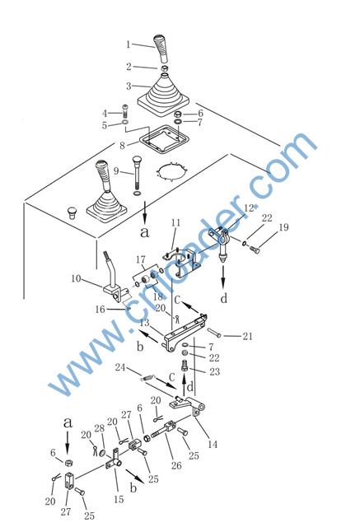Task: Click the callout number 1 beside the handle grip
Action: (x=128, y=44)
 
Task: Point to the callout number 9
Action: (x=116, y=171)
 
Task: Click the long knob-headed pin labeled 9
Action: (x=137, y=175)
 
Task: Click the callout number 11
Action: (x=175, y=222)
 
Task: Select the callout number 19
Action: (x=283, y=227)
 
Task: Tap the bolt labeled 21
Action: (x=214, y=332)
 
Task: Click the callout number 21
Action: (x=247, y=336)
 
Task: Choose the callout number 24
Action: (x=120, y=367)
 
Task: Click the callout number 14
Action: (x=213, y=445)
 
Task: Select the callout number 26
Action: (x=176, y=465)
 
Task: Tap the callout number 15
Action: (x=119, y=499)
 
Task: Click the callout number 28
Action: (x=100, y=428)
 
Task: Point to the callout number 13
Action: (x=144, y=323)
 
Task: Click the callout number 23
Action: (x=214, y=371)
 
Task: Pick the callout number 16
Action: (x=100, y=310)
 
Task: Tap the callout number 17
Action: (x=141, y=259)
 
